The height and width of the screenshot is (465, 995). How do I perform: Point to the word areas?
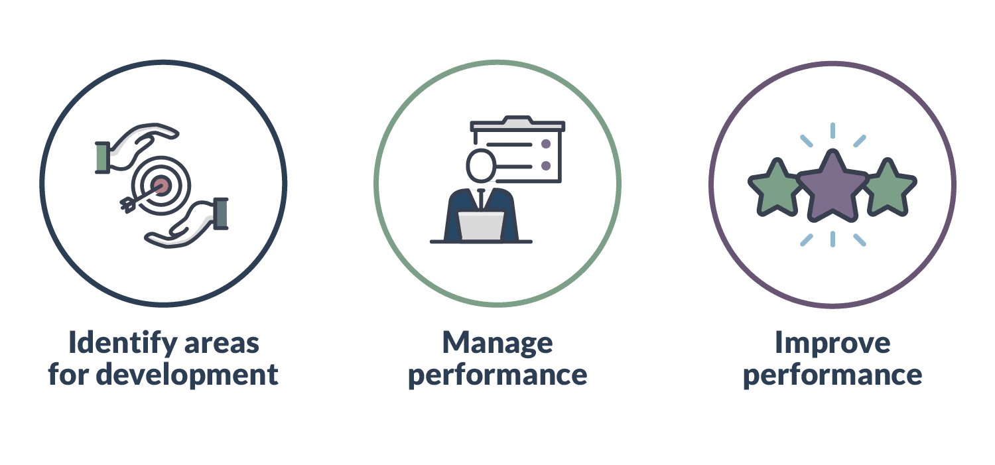click(x=222, y=345)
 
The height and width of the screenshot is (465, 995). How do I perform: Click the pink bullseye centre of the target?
click(x=161, y=185)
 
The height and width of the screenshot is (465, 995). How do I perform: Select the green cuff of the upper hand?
click(x=102, y=157)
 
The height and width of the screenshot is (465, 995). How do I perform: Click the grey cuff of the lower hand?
click(x=221, y=214)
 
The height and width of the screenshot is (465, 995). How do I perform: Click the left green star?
click(x=775, y=188)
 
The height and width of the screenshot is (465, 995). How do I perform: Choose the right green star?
click(x=889, y=188)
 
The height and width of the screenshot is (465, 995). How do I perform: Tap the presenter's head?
click(x=481, y=166)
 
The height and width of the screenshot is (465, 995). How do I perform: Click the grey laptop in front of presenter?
click(x=481, y=226)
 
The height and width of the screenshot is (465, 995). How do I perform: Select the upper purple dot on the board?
click(x=546, y=144)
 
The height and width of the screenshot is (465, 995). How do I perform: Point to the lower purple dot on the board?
click(x=546, y=166)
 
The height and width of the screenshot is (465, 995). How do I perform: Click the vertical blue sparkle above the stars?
click(x=832, y=131)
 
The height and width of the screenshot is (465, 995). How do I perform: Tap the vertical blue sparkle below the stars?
click(x=832, y=239)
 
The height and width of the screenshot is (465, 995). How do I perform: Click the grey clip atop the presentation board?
click(x=517, y=120)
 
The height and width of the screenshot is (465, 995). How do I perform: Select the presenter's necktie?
click(x=481, y=198)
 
